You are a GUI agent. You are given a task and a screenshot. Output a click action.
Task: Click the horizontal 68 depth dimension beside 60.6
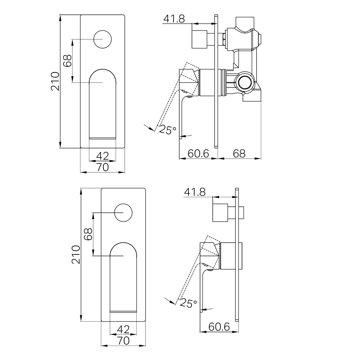point(239,153)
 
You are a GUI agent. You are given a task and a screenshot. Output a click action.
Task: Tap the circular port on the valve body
point(245,82)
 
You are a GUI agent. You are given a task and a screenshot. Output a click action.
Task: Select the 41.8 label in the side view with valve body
point(174,19)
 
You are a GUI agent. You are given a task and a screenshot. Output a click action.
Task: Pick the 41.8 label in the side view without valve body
point(194,192)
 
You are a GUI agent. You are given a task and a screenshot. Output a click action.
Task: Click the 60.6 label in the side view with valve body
point(198,153)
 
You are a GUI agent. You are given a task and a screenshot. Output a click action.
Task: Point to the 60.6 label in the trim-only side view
point(219,327)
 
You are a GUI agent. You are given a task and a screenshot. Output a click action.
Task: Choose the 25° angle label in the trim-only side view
point(188,303)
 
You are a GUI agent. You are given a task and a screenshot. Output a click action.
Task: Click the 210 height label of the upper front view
point(55,81)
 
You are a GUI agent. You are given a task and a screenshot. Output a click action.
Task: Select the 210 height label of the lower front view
point(76,255)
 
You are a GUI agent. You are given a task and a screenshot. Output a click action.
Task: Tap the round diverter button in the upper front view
point(103,39)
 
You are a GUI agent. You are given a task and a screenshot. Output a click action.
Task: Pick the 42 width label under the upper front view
point(102,156)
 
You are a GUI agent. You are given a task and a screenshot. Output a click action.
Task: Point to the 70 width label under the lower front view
point(123,341)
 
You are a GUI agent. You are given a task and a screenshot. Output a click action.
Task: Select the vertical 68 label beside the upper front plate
point(67,61)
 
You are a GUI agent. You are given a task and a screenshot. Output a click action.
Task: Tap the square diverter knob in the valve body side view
point(199,39)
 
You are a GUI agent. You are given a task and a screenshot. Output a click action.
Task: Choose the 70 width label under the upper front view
point(102,167)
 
